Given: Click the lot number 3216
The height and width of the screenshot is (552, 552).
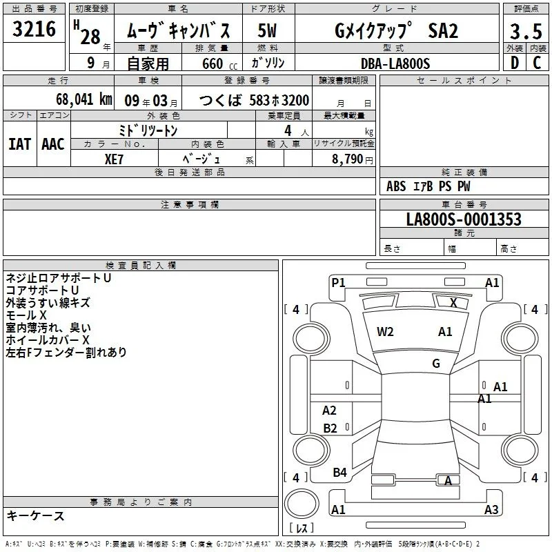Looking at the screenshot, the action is pos(34,29).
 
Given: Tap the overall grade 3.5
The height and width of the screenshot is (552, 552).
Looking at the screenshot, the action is pos(526,31).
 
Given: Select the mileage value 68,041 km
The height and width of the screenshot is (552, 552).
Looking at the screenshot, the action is pos(84,99).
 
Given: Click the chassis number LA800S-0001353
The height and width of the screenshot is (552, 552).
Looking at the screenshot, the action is pos(464,219).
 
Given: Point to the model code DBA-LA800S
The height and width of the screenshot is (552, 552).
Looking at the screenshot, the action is pos(395,63).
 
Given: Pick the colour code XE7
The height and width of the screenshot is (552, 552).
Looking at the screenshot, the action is pos(114,159).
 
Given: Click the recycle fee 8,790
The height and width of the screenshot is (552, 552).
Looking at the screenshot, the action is pos(347,159).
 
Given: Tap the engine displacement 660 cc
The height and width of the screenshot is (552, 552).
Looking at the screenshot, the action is pos(219,64).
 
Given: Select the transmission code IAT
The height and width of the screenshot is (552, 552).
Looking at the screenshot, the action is pos(20,144).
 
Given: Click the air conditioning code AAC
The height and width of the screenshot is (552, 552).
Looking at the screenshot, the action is pos(53,144).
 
